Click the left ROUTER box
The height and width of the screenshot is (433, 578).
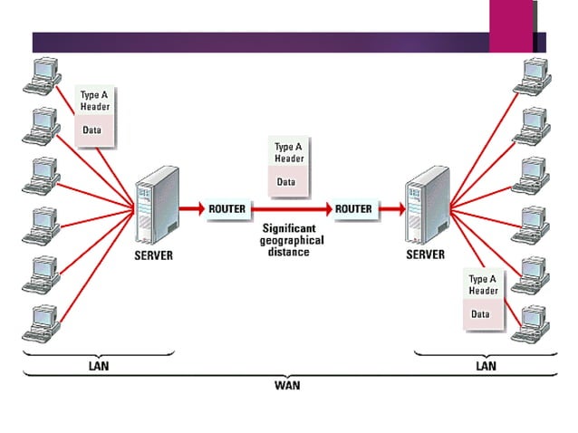point(226,208)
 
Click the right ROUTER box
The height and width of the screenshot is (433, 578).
point(353,208)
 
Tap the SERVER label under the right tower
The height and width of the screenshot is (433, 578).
point(425,255)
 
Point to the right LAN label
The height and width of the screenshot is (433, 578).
point(486,365)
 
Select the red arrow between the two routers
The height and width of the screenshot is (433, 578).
point(290,208)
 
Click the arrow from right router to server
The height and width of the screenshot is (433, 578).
point(391,208)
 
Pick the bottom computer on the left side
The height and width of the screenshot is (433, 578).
point(41,322)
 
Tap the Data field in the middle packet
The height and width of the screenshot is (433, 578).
point(286,181)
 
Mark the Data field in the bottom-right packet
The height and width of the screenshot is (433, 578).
point(481,314)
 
